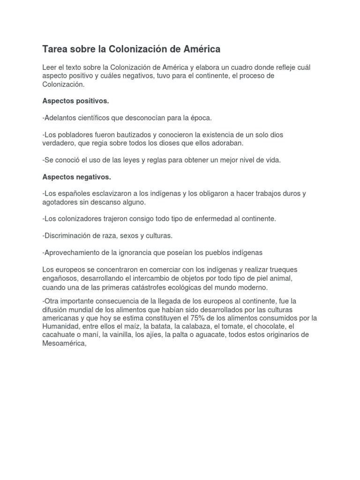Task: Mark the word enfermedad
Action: click(x=212, y=219)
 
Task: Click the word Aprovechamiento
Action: click(x=71, y=253)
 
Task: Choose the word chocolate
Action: click(x=269, y=326)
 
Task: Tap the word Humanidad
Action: click(x=60, y=326)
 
